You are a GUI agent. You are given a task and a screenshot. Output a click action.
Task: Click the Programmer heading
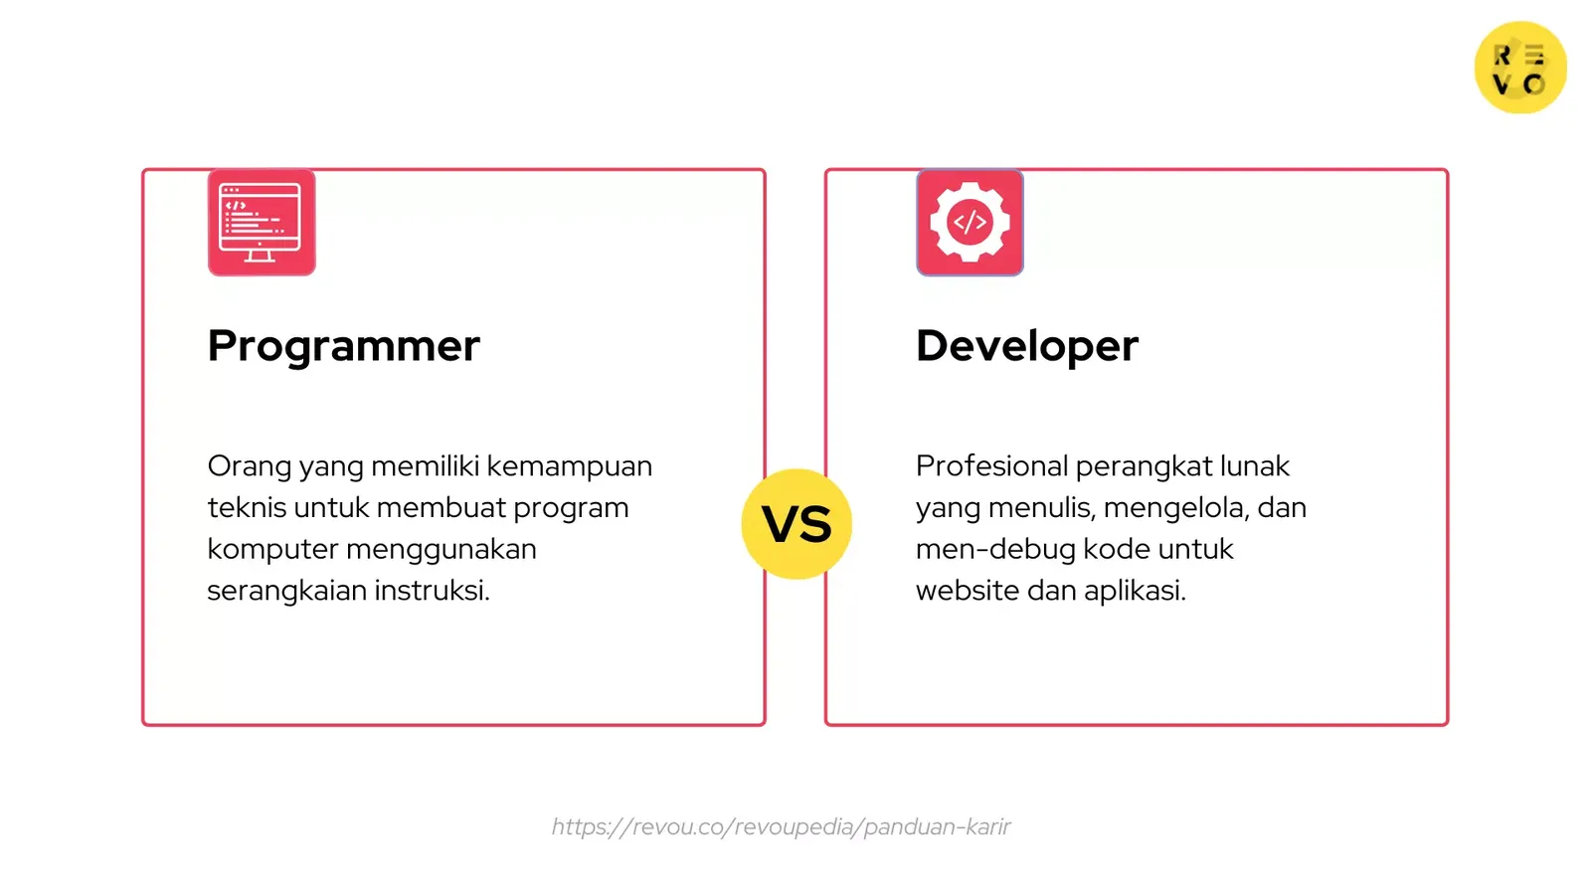coord(343,346)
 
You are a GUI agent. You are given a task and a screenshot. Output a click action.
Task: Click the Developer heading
coord(1026,346)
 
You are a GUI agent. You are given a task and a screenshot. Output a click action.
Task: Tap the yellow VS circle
coord(796,524)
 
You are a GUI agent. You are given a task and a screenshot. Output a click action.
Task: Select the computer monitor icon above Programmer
coord(262,223)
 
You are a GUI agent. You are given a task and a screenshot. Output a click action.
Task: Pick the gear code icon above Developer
coord(970,223)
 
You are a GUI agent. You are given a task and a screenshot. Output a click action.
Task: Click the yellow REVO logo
coord(1519,68)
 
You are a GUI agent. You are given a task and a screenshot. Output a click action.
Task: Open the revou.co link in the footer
coord(781,826)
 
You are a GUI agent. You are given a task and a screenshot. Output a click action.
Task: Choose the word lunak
coord(1254,466)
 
